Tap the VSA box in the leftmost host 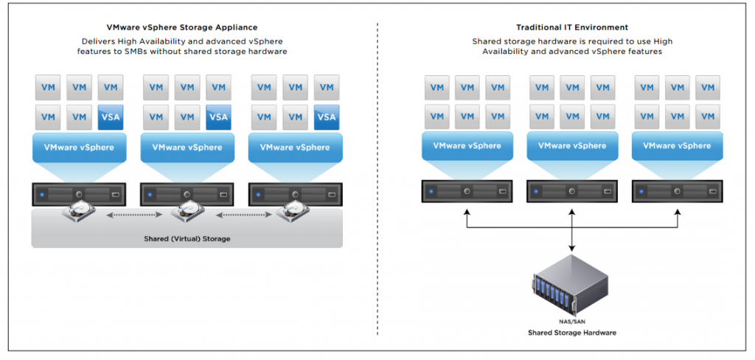(x=111, y=117)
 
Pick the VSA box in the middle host (x=218, y=117)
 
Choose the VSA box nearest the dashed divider (x=326, y=117)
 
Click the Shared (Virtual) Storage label (x=187, y=238)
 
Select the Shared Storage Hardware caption (x=571, y=333)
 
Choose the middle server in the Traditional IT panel (x=573, y=190)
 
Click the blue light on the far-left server (x=44, y=195)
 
